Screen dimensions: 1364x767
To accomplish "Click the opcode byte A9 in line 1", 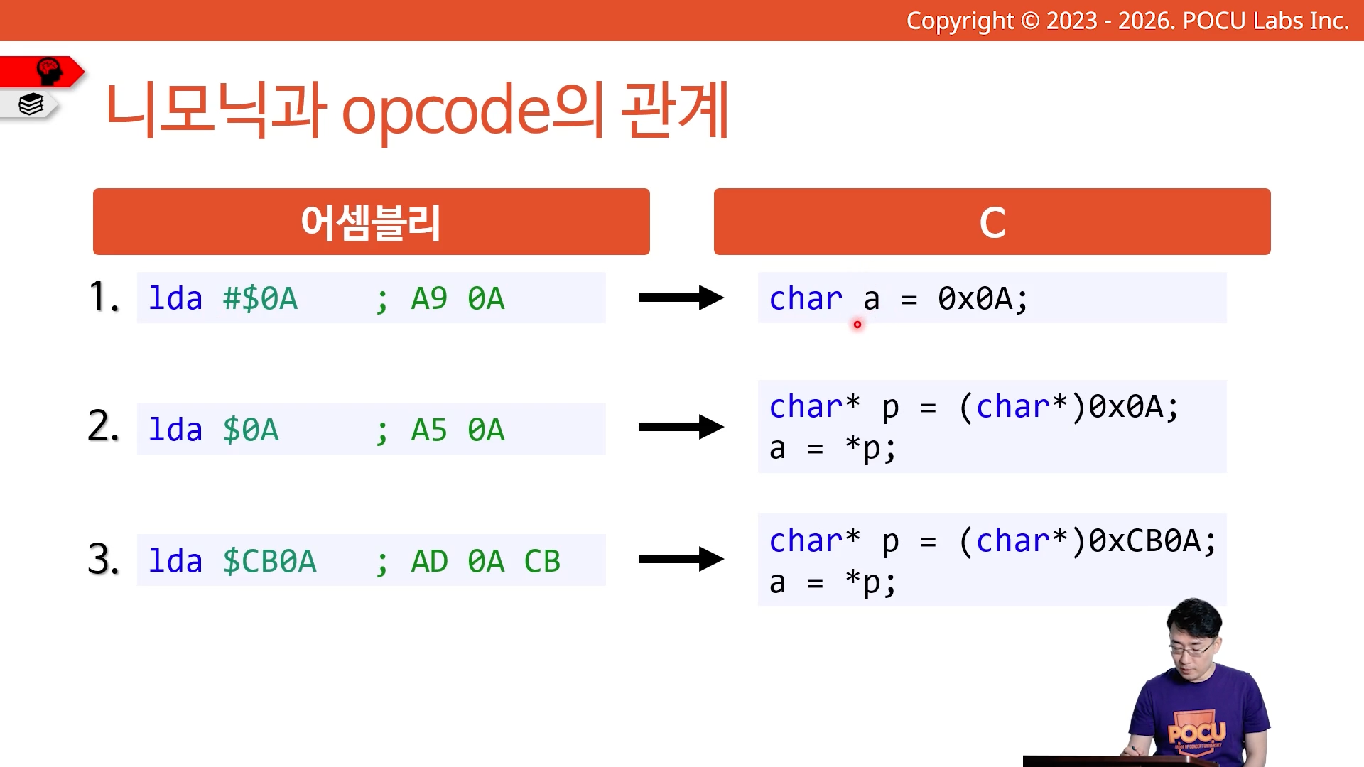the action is (429, 299).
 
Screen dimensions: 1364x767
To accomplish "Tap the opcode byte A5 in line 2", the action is (429, 430).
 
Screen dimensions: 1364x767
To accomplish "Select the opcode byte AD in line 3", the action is (429, 562).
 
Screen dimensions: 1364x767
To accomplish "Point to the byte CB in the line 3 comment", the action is (542, 562).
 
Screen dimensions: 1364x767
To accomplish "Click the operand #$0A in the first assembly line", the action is (260, 299).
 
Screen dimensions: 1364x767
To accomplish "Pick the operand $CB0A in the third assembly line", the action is (269, 562).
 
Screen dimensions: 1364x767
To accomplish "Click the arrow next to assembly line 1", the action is (681, 298).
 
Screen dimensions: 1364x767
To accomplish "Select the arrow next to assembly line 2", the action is (681, 427).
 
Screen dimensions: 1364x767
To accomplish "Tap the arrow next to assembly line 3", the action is (681, 559).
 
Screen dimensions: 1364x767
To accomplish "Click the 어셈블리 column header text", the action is (371, 222).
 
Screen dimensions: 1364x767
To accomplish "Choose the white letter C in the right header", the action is (992, 223).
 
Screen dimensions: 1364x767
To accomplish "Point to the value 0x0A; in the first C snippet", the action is (983, 299).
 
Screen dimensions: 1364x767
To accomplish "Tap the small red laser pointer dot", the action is (857, 325).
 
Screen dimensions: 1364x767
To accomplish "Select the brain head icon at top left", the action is (49, 71).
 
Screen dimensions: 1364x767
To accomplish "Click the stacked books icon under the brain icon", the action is (31, 104).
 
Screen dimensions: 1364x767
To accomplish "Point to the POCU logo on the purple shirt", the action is (1197, 731).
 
